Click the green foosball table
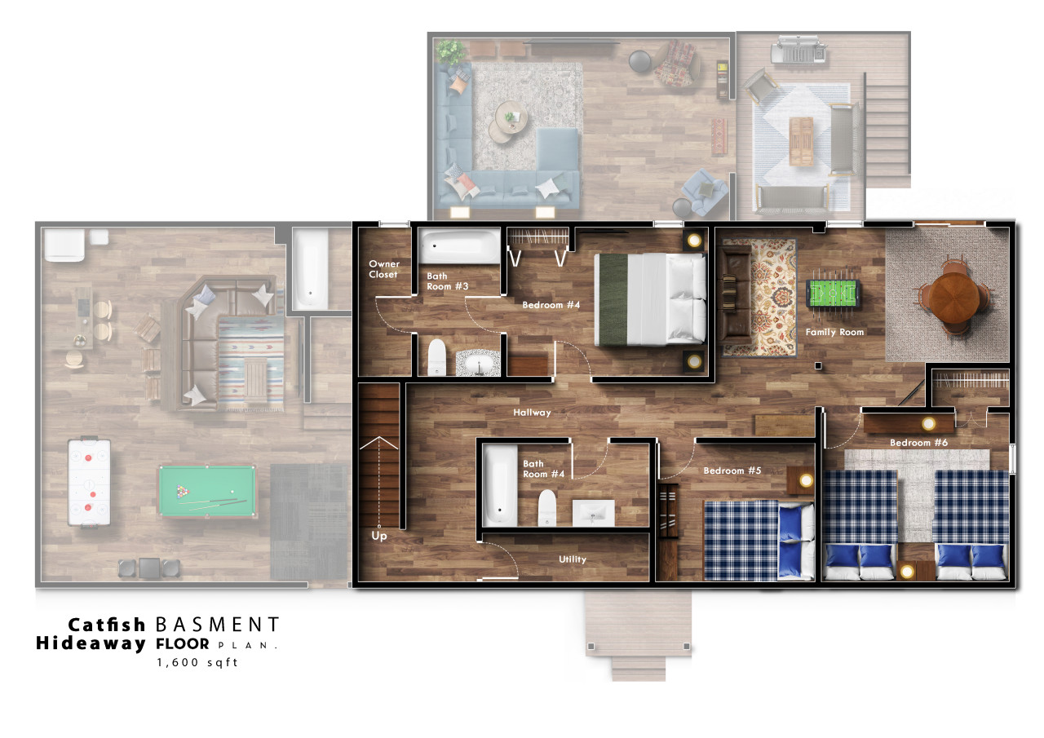click(833, 293)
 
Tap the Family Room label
click(834, 332)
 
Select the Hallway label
click(532, 413)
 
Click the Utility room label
click(573, 559)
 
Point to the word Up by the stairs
click(379, 536)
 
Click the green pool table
click(207, 491)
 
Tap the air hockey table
click(89, 482)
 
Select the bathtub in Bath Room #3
click(459, 246)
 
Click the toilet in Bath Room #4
click(547, 507)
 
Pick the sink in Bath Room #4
click(593, 513)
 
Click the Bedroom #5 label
click(732, 471)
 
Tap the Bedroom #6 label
click(918, 443)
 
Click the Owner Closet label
click(384, 269)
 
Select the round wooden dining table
click(953, 297)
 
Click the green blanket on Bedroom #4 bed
click(613, 299)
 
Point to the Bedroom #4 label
click(551, 305)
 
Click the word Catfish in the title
click(107, 625)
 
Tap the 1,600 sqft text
click(197, 662)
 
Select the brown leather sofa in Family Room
click(735, 292)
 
